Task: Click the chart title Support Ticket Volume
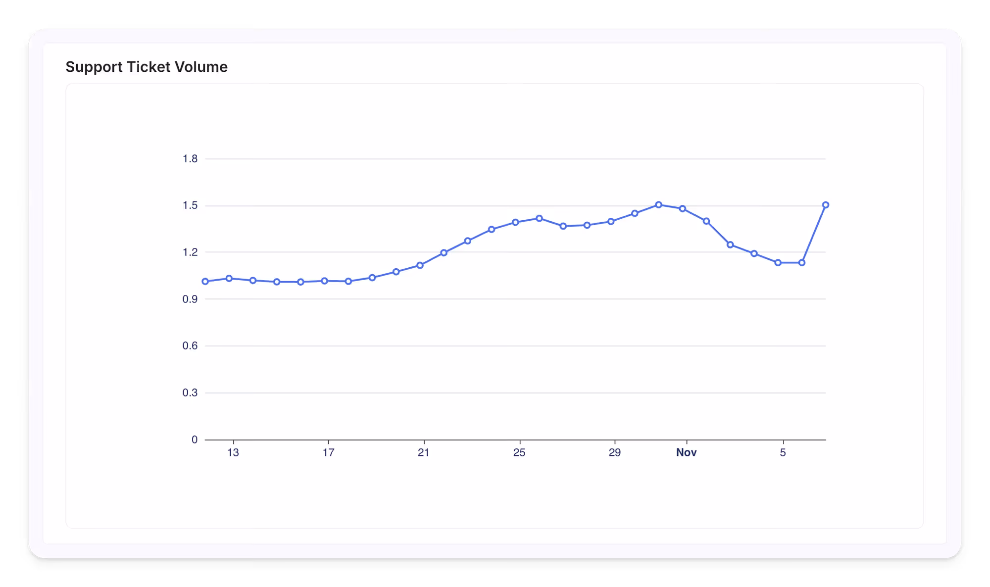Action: [x=147, y=67]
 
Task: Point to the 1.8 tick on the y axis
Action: [x=190, y=159]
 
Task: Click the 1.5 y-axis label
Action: [x=190, y=205]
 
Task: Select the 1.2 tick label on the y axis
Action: [x=190, y=252]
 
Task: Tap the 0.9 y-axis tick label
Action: [x=190, y=299]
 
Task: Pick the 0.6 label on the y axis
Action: [x=190, y=346]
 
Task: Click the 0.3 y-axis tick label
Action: [x=190, y=393]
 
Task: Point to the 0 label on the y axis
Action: [x=195, y=440]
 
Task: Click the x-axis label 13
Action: [x=233, y=452]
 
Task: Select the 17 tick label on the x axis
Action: [x=328, y=452]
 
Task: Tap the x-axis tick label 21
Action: [x=424, y=452]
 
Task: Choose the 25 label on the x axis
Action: [x=519, y=452]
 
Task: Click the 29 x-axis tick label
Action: [x=614, y=452]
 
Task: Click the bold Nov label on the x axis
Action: [x=686, y=452]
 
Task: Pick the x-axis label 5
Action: [x=783, y=452]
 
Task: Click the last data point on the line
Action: [x=826, y=205]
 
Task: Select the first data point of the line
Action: [x=205, y=282]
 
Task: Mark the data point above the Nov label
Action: [x=683, y=209]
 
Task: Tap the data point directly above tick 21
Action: [x=420, y=265]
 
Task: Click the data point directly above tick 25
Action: [x=515, y=222]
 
